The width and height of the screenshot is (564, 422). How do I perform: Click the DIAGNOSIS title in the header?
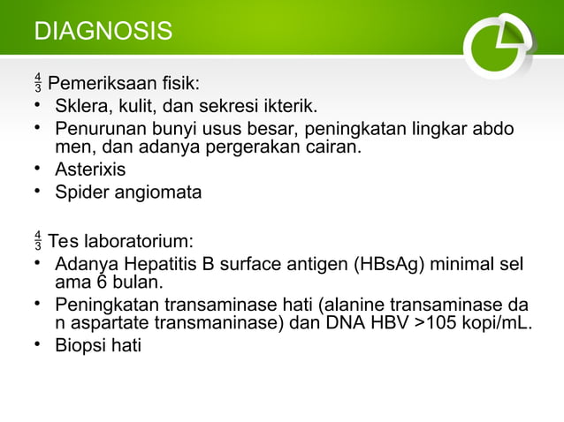point(103,32)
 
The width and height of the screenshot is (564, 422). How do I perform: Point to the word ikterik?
point(286,108)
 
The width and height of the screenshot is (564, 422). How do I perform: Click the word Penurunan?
point(95,130)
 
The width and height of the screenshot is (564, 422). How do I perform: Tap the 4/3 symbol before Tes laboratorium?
point(37,241)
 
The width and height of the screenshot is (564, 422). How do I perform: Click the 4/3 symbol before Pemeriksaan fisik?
point(37,85)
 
